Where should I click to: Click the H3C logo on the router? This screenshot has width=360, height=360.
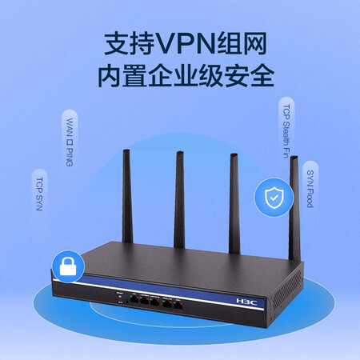pos(246,302)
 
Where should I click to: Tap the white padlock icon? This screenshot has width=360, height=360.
pos(68,266)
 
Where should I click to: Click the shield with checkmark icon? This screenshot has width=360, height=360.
pos(274,198)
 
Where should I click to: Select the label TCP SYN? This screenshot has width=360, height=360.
pos(39,194)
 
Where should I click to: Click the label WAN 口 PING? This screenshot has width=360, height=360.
pos(70,142)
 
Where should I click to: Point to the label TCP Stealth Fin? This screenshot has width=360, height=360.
pos(286,131)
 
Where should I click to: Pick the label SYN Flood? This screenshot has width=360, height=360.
pos(310,189)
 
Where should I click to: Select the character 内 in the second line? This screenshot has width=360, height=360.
pos(109,75)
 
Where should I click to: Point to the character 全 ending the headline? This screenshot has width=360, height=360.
pos(262,75)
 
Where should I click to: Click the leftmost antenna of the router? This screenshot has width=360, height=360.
pos(127,196)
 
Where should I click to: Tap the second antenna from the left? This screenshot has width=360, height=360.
pos(179,200)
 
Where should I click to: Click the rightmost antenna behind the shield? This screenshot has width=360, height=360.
pos(294,209)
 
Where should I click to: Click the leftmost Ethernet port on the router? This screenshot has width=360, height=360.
pos(134,299)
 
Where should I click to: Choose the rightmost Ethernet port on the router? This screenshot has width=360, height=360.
pos(178,306)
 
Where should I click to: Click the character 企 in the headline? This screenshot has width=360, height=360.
pos(160,75)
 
